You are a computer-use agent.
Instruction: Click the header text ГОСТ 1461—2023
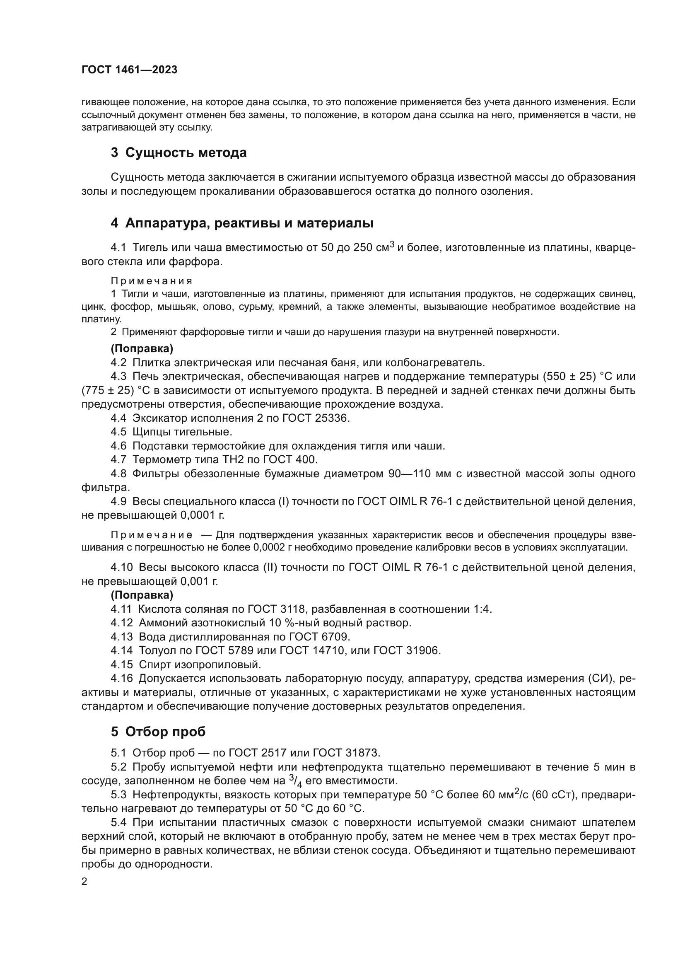(x=129, y=70)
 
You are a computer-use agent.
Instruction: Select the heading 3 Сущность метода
(x=178, y=152)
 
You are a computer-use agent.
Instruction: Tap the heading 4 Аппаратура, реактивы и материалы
(x=242, y=223)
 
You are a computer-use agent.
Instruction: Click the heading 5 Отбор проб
(x=158, y=731)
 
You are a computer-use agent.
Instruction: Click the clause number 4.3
(x=118, y=376)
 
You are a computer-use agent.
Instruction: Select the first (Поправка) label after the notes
(x=142, y=348)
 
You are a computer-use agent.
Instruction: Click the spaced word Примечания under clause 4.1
(x=152, y=281)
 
